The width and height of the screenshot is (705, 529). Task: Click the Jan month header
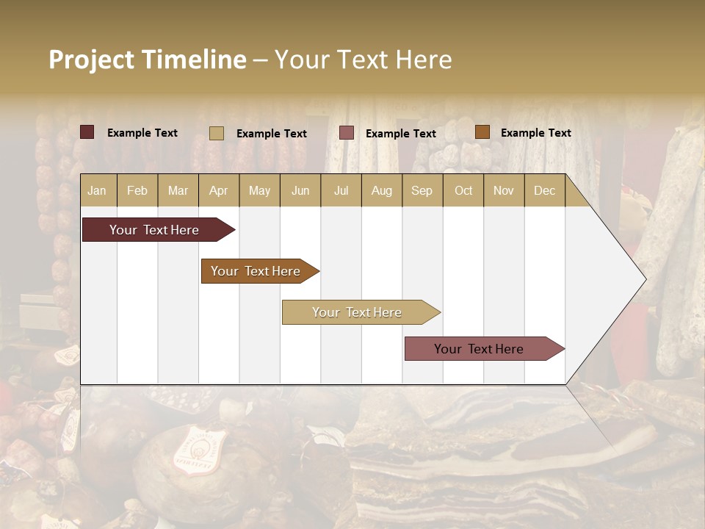(97, 190)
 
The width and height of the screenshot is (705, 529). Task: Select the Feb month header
(137, 190)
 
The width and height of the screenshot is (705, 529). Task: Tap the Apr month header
(218, 190)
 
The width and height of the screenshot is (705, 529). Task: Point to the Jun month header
(300, 190)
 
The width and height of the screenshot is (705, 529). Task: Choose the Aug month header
(381, 190)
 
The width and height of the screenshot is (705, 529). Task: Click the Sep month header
(422, 190)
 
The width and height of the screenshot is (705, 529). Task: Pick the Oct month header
(463, 190)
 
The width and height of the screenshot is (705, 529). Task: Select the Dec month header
(544, 190)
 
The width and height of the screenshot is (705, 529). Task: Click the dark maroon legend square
(87, 132)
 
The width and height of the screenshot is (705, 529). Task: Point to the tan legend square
(216, 133)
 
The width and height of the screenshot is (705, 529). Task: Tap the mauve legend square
(347, 133)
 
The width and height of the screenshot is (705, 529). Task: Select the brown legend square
(482, 132)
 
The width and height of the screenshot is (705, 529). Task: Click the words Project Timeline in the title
(148, 60)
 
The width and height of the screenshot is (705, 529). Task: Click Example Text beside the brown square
(535, 133)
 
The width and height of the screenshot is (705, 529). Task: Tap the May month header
(259, 190)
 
